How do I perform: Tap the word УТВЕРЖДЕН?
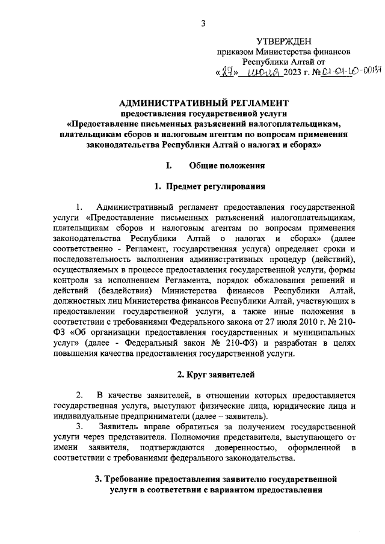pos(284,41)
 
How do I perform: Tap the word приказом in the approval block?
pos(235,52)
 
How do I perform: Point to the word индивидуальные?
pos(84,416)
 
